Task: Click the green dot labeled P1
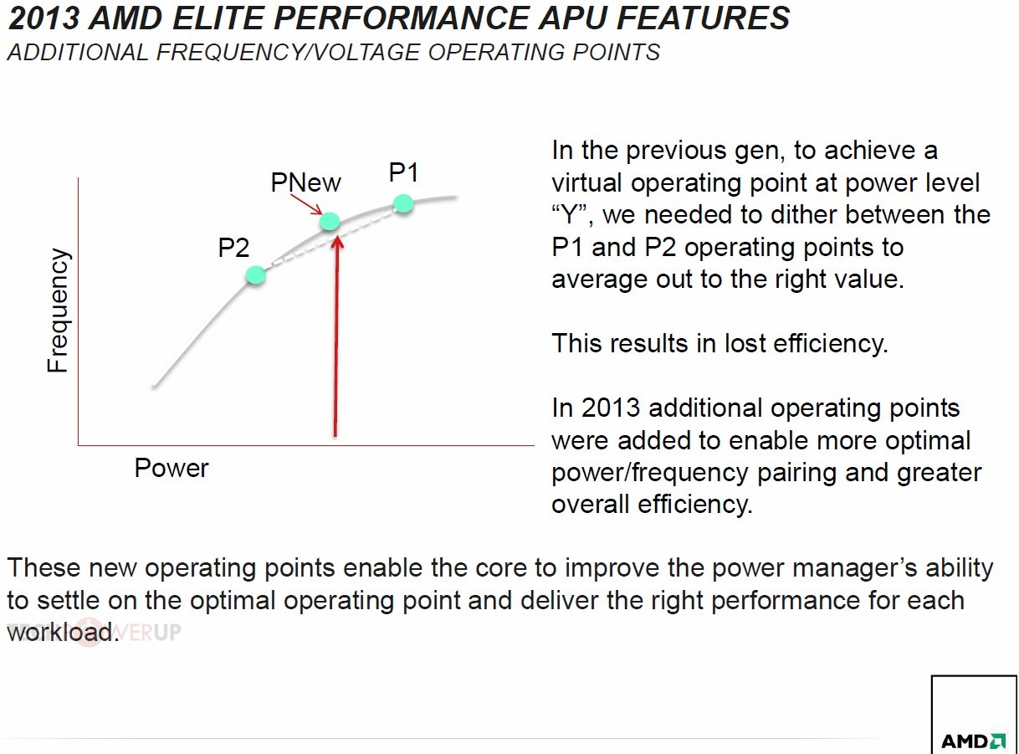coord(403,203)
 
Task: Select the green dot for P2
coord(256,275)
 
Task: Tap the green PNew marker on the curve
coord(330,221)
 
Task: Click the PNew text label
coord(305,182)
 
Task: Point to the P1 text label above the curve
coord(404,172)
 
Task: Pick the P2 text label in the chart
coord(233,248)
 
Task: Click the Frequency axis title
coord(59,310)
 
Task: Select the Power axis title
coord(172,468)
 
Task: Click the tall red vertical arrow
coord(336,336)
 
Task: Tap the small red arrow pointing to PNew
coord(306,204)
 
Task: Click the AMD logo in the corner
coord(974,741)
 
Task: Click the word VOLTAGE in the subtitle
coord(366,52)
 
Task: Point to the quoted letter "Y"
coord(570,215)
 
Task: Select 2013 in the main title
coord(44,18)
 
